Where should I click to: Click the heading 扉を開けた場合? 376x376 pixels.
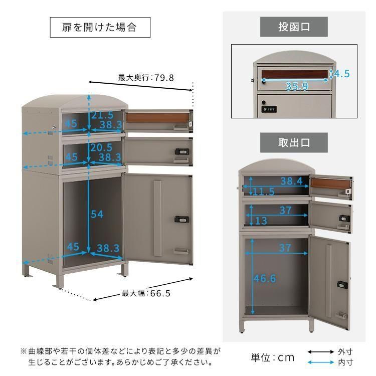point(100,27)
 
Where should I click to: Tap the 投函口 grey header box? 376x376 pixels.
point(294,27)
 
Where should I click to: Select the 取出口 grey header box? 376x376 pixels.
point(294,143)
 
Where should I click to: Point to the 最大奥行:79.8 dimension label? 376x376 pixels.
point(146,78)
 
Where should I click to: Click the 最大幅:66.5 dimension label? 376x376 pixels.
point(146,293)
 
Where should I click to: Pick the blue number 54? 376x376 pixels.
point(97,214)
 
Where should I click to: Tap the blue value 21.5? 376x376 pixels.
point(102,115)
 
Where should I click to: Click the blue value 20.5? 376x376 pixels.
point(101,147)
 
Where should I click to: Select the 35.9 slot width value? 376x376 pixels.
point(297,86)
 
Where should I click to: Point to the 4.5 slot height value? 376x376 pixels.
point(342,74)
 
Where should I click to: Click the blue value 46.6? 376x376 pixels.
point(265,278)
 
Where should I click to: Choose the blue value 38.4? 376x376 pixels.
point(292,181)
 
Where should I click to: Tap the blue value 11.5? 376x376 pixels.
point(264,192)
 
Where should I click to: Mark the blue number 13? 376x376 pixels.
point(261,221)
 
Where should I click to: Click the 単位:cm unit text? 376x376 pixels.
point(273,357)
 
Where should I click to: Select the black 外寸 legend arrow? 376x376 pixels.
point(321,352)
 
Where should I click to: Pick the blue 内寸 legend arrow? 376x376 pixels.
point(321,362)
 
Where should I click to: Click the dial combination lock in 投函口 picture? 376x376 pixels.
point(269,109)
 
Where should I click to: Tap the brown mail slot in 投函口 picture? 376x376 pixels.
point(295,74)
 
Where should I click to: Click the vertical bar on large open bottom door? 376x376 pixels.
point(157,219)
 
